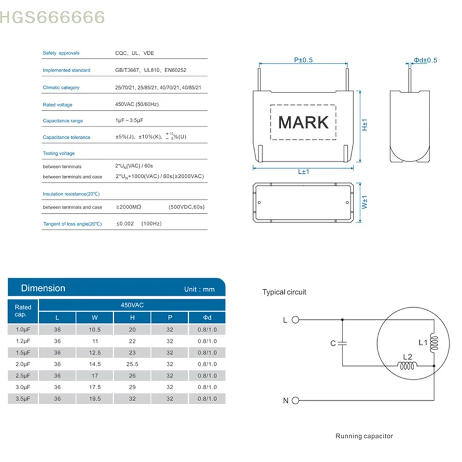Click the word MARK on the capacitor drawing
tap(303, 122)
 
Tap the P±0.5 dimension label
tap(303, 60)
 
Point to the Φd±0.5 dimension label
tap(426, 60)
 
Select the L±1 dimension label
tap(304, 172)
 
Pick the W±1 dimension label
tap(365, 204)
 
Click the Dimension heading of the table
tap(43, 288)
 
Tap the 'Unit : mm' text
tap(199, 289)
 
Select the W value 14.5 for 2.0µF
tap(95, 364)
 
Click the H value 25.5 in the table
tap(132, 364)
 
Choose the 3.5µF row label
tap(23, 399)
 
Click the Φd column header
tap(207, 317)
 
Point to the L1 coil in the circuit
tap(434, 344)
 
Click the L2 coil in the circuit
tap(407, 366)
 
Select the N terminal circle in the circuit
tap(295, 400)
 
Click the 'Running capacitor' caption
tap(364, 436)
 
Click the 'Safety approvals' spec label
tap(61, 53)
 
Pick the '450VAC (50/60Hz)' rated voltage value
tap(137, 105)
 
